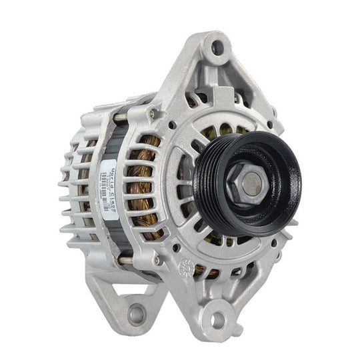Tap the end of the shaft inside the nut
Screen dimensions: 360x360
click(251, 182)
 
